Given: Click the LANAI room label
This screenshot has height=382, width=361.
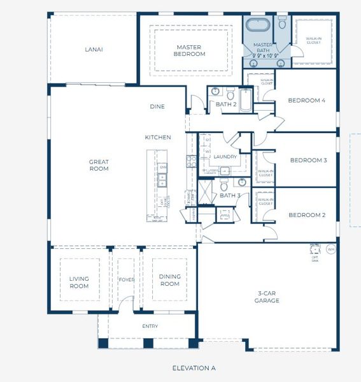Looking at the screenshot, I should pyautogui.click(x=94, y=49).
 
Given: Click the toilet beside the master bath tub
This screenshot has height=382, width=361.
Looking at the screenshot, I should pyautogui.click(x=283, y=24).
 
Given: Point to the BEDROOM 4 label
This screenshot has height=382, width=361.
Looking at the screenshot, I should pyautogui.click(x=306, y=101).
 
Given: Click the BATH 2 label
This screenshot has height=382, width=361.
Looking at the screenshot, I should pyautogui.click(x=226, y=104).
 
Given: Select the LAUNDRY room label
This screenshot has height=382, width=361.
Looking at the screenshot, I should pyautogui.click(x=225, y=157).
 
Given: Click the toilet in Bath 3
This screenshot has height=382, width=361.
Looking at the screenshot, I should pyautogui.click(x=224, y=185).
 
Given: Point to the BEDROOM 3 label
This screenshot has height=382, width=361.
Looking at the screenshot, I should pyautogui.click(x=308, y=160).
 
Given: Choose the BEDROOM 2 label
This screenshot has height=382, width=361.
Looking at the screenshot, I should pyautogui.click(x=307, y=215).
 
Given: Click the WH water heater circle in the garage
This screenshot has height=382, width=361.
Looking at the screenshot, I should pyautogui.click(x=330, y=248).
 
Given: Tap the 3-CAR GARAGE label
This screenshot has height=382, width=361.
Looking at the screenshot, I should pyautogui.click(x=267, y=297).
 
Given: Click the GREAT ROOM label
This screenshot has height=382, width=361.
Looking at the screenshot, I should pyautogui.click(x=99, y=165).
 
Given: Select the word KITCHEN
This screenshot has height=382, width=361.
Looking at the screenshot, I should pyautogui.click(x=158, y=138).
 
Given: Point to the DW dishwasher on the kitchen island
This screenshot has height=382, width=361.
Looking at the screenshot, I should pyautogui.click(x=163, y=167).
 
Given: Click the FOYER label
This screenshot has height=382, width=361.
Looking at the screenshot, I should pyautogui.click(x=126, y=279).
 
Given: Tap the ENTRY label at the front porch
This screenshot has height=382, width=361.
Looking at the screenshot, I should pyautogui.click(x=150, y=326).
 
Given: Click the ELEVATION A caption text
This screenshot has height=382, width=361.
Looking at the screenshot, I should pyautogui.click(x=194, y=368).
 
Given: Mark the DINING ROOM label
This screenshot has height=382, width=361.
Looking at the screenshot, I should pyautogui.click(x=169, y=279).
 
